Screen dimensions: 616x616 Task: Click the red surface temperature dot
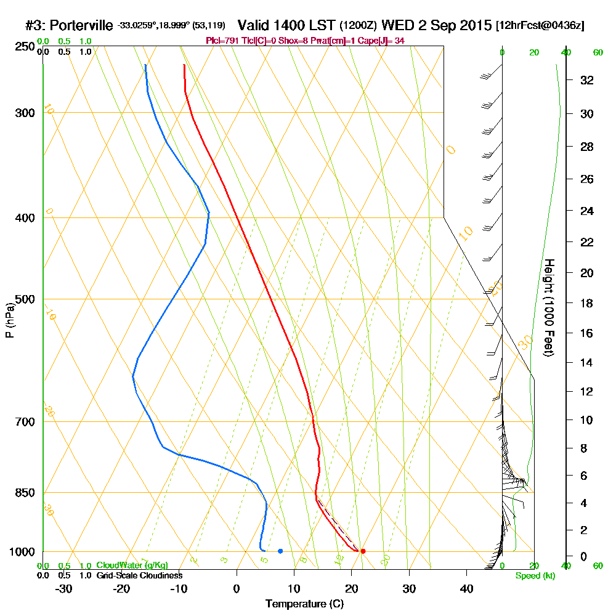click(x=363, y=551)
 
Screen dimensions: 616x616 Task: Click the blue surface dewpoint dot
click(x=280, y=551)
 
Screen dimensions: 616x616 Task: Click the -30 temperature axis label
click(x=64, y=589)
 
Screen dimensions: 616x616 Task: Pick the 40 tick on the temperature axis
click(x=466, y=589)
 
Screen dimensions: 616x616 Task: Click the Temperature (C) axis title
click(x=304, y=604)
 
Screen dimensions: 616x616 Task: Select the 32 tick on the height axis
click(x=587, y=80)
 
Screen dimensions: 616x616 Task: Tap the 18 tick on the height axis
click(x=587, y=303)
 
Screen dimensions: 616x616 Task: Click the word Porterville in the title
click(x=81, y=25)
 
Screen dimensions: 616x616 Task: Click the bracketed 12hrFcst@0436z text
click(x=540, y=26)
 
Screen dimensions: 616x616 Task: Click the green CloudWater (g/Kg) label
click(x=132, y=565)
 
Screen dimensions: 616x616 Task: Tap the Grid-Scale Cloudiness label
click(x=139, y=575)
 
